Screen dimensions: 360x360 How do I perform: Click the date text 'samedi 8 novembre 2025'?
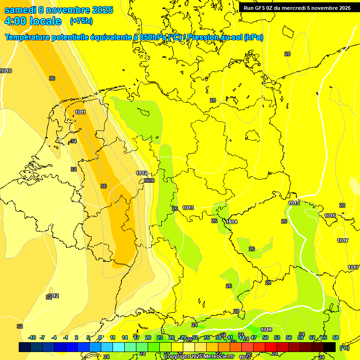click(x=59, y=10)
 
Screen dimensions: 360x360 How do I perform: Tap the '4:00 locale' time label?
click(x=32, y=21)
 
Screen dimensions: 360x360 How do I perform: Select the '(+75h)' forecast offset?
click(x=81, y=21)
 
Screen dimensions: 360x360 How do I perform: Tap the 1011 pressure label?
click(x=81, y=112)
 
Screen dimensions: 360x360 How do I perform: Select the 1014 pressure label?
click(x=232, y=222)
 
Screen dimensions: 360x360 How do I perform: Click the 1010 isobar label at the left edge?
click(x=6, y=71)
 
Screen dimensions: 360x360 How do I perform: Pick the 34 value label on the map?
click(x=73, y=141)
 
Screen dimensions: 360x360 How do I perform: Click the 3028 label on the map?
click(x=149, y=180)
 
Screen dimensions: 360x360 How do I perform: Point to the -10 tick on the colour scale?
click(x=32, y=337)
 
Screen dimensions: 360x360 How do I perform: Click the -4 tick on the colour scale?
click(x=54, y=337)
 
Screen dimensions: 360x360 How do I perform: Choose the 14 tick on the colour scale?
click(x=125, y=337)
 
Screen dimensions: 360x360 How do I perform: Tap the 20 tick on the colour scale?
click(x=148, y=337)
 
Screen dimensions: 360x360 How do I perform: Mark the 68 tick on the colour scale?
click(x=336, y=337)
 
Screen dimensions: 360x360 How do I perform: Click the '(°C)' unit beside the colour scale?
click(x=344, y=347)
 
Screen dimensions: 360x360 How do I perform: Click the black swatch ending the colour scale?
click(x=330, y=347)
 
